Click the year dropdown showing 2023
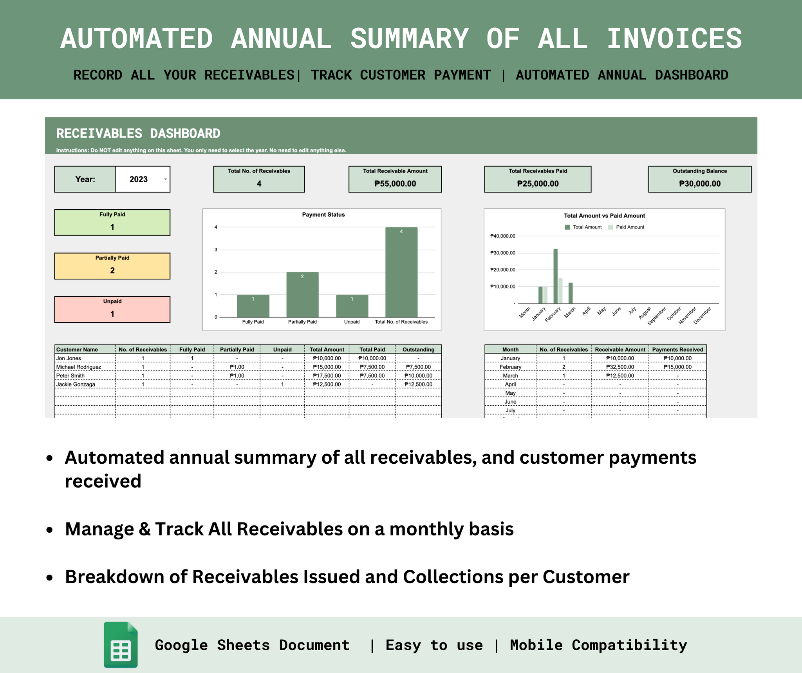pyautogui.click(x=143, y=180)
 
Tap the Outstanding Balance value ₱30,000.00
pyautogui.click(x=699, y=184)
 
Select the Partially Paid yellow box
pyautogui.click(x=112, y=266)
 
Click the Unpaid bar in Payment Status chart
pyautogui.click(x=352, y=306)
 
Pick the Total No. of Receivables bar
pyautogui.click(x=401, y=272)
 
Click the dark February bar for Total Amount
pyautogui.click(x=555, y=276)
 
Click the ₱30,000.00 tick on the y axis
pyautogui.click(x=502, y=253)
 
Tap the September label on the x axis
pyautogui.click(x=657, y=316)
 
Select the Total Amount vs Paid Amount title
pyautogui.click(x=604, y=216)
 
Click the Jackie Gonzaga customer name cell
pyautogui.click(x=76, y=385)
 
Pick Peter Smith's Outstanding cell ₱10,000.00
pyautogui.click(x=418, y=376)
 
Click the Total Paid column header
pyautogui.click(x=372, y=350)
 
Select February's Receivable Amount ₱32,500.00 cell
pyautogui.click(x=620, y=367)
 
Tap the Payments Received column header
pyautogui.click(x=677, y=350)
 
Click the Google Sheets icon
pyautogui.click(x=121, y=644)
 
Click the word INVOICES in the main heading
pyautogui.click(x=674, y=39)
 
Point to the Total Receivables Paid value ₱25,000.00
pyautogui.click(x=537, y=184)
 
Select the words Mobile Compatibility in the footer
pyautogui.click(x=598, y=645)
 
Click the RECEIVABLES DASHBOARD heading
pyautogui.click(x=138, y=134)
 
